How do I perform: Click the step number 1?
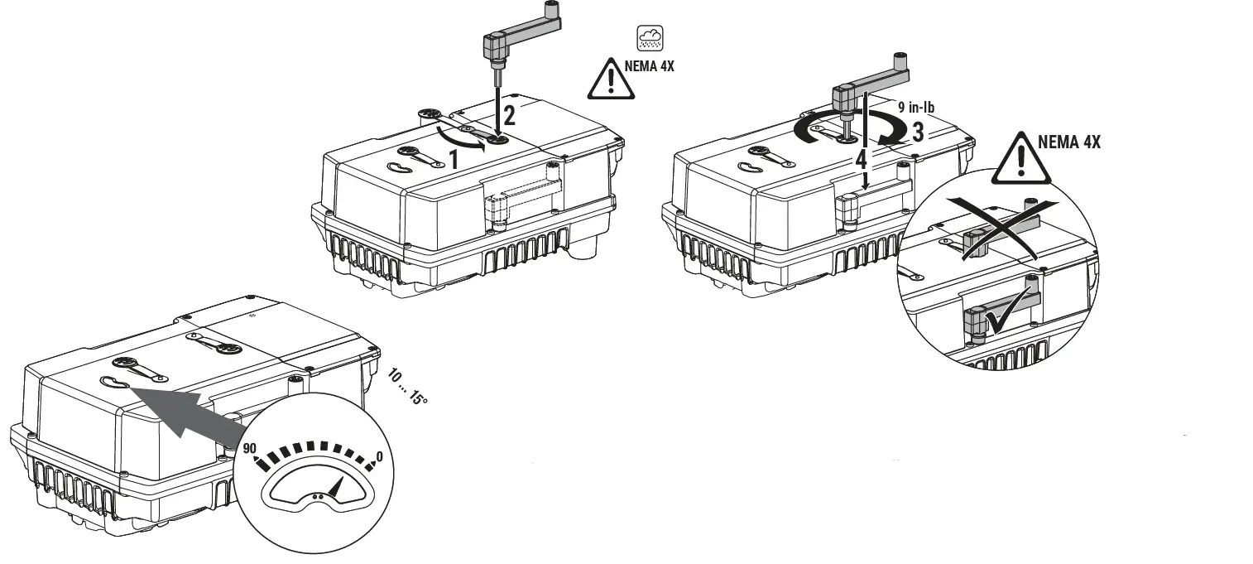pyautogui.click(x=454, y=158)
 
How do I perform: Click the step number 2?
pyautogui.click(x=511, y=115)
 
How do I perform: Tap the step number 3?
pyautogui.click(x=918, y=132)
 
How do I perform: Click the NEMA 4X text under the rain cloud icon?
pyautogui.click(x=650, y=66)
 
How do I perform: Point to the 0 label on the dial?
pyautogui.click(x=379, y=457)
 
